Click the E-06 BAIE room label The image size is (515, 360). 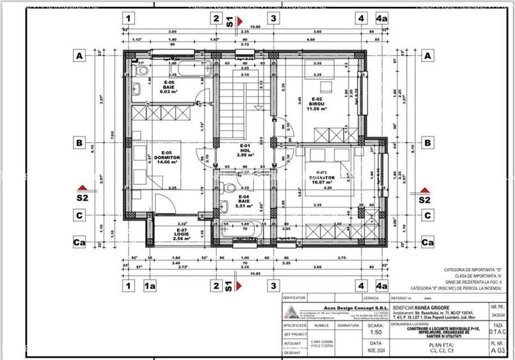(168, 86)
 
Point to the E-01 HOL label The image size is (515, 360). (244, 150)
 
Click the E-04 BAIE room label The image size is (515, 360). (244, 202)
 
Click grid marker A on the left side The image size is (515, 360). (80, 56)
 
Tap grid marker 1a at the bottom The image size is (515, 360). (150, 286)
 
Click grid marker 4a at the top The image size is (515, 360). (382, 19)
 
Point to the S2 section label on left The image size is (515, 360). (81, 199)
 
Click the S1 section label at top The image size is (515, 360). (230, 22)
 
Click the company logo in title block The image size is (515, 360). (290, 312)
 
